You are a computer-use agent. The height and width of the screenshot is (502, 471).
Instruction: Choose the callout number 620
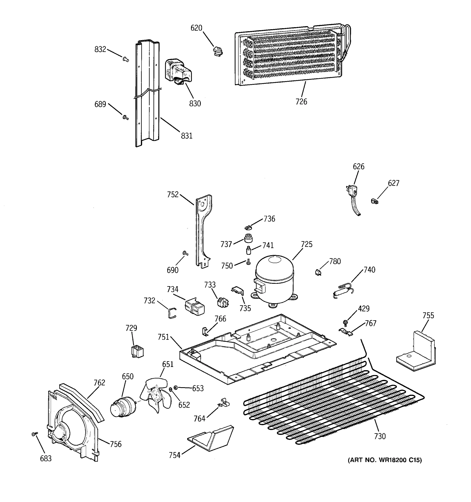(196, 28)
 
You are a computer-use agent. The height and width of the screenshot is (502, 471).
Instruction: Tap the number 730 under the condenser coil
(380, 436)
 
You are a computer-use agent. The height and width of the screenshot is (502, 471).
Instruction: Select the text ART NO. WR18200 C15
(385, 460)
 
